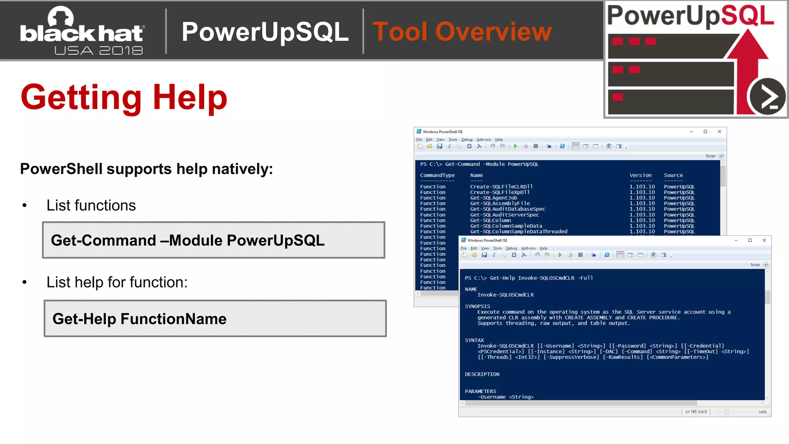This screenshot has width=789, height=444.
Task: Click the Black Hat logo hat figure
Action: tap(60, 18)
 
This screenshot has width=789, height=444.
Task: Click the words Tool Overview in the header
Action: tap(462, 32)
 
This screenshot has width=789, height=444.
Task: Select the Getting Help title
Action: tap(124, 97)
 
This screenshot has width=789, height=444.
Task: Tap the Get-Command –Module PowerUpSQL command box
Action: tap(213, 240)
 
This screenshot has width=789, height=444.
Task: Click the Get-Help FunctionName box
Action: tap(215, 319)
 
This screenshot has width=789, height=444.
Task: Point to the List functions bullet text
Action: tap(91, 205)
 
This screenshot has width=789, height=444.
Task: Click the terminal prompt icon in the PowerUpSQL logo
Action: tap(767, 97)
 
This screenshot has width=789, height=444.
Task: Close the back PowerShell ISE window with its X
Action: tap(719, 132)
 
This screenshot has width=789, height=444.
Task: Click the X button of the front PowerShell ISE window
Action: tap(764, 240)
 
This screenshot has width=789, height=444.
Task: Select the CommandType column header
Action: tap(437, 175)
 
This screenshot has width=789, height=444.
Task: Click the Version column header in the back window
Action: tap(640, 175)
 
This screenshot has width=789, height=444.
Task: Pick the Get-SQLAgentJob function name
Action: tap(494, 198)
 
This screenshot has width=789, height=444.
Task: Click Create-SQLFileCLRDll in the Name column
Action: tap(501, 187)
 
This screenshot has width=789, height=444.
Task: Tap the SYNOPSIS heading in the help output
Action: tap(477, 306)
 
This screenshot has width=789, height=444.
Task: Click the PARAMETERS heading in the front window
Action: tap(480, 391)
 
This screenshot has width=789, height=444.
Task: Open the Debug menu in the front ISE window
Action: tap(511, 249)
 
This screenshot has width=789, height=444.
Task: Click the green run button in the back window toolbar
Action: tap(515, 146)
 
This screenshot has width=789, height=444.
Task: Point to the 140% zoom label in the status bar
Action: tap(762, 412)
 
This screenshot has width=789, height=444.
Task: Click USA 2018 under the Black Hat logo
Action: tap(99, 50)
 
